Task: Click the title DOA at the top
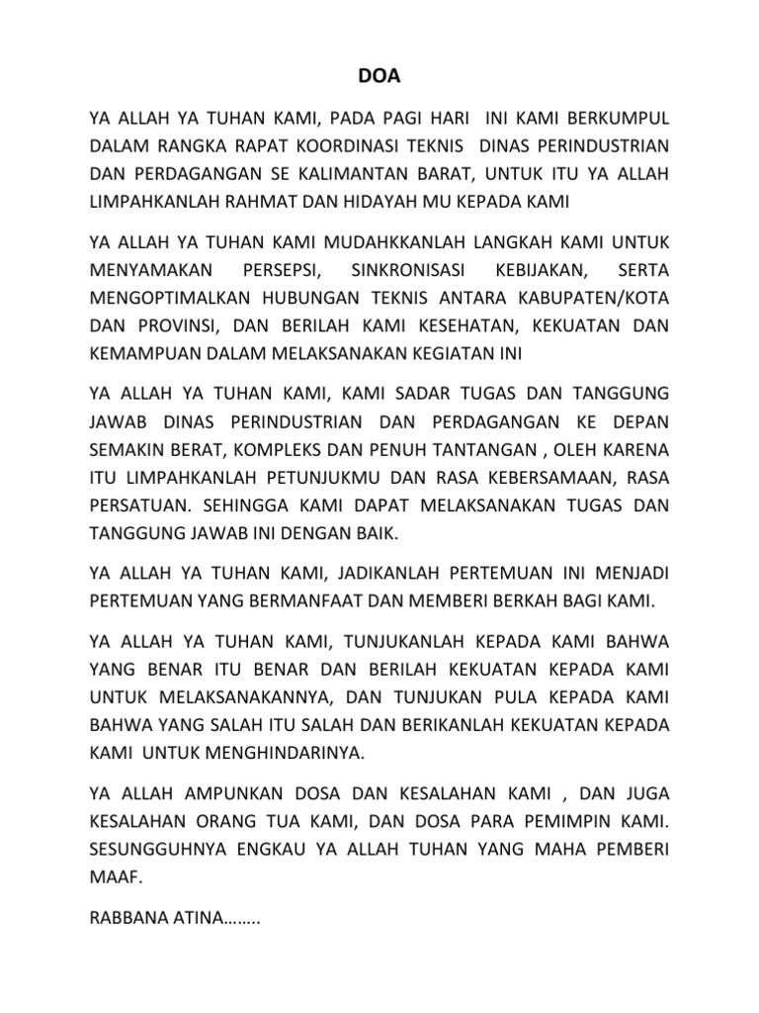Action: (379, 74)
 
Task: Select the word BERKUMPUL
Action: (618, 119)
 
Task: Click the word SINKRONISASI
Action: (405, 268)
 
